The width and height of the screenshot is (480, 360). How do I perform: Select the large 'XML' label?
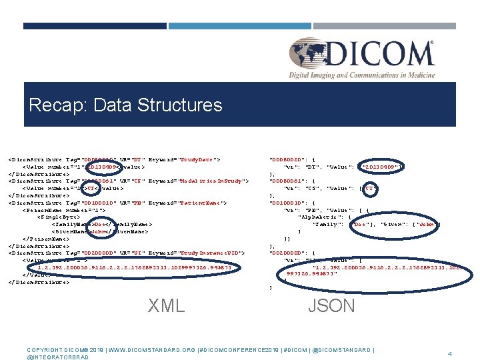(x=166, y=305)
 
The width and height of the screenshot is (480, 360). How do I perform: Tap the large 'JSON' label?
(x=331, y=305)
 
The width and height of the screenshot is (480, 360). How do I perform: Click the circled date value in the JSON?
(x=380, y=167)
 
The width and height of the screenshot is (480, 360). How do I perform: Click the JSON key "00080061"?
(x=286, y=181)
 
